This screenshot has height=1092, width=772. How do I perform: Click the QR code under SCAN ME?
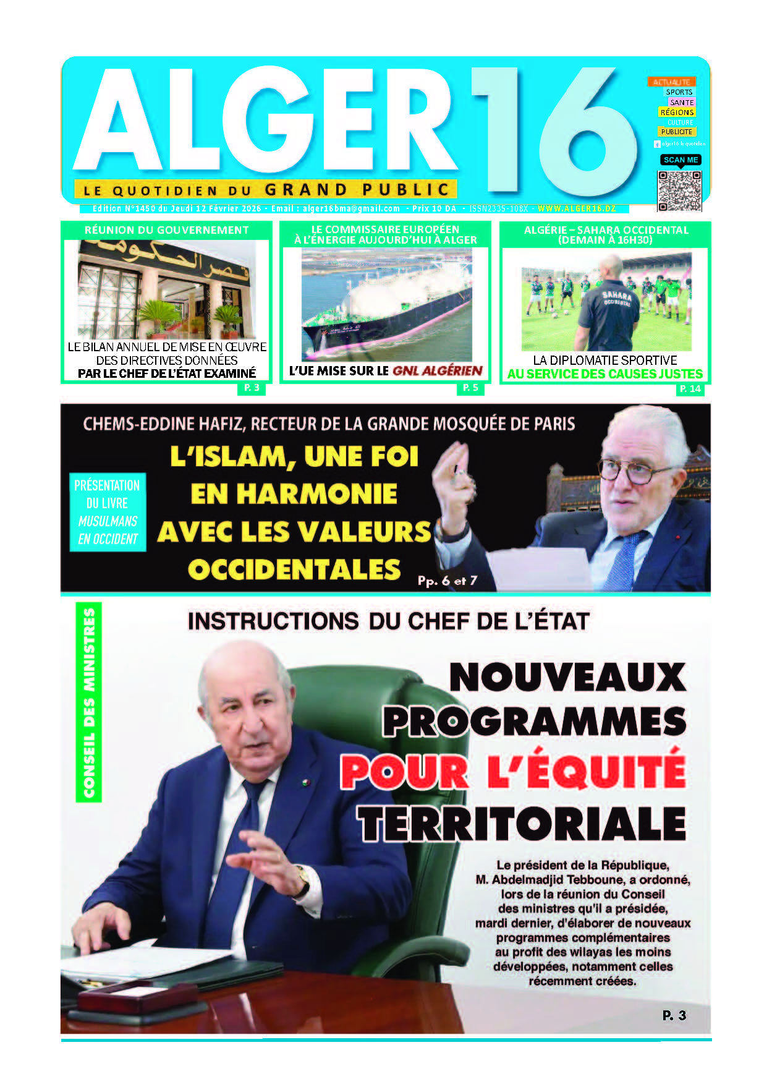(x=679, y=190)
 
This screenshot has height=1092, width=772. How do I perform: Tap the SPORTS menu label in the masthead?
(x=679, y=92)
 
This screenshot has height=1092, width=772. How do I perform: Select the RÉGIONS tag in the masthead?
(x=677, y=113)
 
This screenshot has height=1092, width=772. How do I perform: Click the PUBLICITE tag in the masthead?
(x=676, y=132)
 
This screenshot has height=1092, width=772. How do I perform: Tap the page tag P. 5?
(x=470, y=388)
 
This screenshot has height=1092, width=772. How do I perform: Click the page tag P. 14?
(x=690, y=389)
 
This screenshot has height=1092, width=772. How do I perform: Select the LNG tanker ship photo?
(x=386, y=305)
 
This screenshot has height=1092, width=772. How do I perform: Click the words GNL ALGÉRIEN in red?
(x=438, y=371)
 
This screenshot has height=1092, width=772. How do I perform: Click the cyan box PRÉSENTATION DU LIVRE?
(x=108, y=512)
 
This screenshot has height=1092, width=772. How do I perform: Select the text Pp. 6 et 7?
(x=447, y=581)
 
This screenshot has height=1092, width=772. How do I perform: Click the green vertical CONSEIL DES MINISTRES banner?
(x=89, y=702)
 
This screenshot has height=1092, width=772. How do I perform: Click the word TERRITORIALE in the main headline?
(x=522, y=824)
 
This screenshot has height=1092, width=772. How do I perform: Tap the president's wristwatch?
(x=303, y=876)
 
